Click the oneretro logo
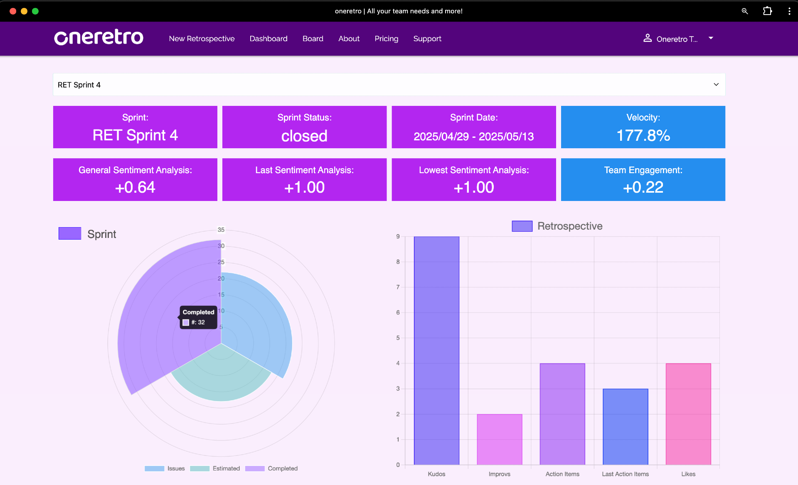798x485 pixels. coord(99,37)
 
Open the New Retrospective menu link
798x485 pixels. coord(202,39)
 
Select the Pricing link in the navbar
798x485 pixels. coord(386,39)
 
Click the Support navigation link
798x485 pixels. coord(427,39)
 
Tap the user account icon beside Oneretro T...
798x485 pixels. coord(647,38)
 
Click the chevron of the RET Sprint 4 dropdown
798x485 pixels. coord(716,84)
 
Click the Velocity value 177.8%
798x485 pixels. coord(643,135)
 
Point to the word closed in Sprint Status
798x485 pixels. coord(304,136)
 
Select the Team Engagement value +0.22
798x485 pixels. coord(643,187)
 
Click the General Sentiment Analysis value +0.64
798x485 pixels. coord(135,187)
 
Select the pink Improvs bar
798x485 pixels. coord(499,439)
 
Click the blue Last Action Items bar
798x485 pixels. coord(625,426)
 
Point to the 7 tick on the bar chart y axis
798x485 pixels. coord(398,287)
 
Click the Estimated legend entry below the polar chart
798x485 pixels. coord(215,468)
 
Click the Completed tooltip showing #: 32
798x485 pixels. coord(198,317)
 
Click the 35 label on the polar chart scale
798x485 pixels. coord(221,230)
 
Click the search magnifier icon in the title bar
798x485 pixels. coord(744,11)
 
